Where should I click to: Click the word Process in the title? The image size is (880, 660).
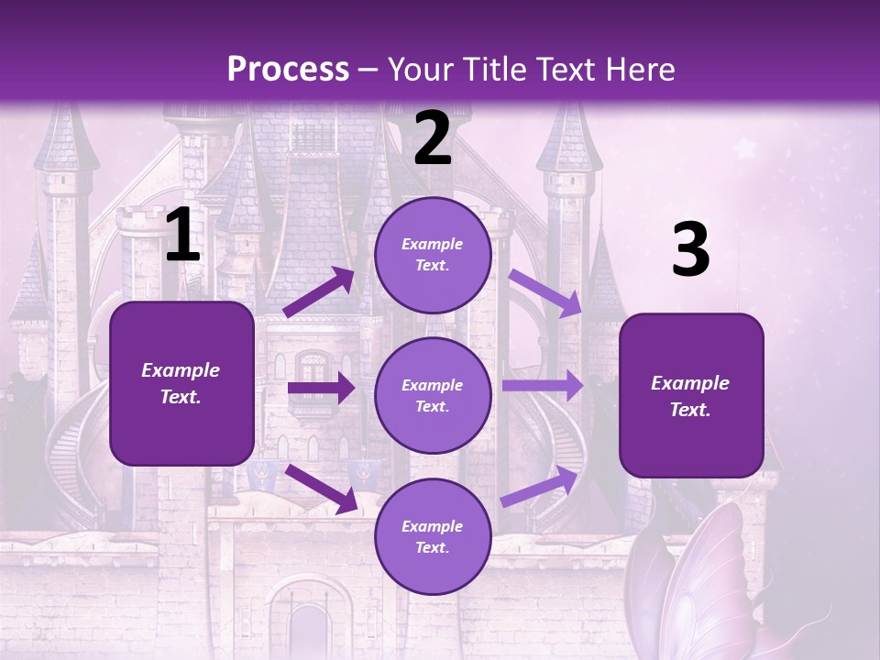[288, 70]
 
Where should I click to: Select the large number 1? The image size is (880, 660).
[182, 236]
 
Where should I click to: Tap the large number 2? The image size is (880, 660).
[433, 139]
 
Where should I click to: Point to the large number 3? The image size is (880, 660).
[690, 250]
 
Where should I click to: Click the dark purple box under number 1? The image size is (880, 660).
[181, 383]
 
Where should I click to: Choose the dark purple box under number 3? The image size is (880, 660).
[691, 395]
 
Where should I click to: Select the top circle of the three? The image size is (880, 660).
[433, 255]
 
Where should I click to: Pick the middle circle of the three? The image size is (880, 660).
[433, 395]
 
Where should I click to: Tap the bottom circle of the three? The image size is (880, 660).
[433, 536]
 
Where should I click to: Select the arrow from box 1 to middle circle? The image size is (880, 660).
[321, 388]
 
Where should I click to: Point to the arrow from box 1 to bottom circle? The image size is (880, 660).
[322, 488]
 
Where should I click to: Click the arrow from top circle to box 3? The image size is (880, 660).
[544, 292]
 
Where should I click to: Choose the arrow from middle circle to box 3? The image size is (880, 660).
[543, 385]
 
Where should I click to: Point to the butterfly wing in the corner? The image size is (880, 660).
[706, 587]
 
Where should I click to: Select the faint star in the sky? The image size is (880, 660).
[744, 148]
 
